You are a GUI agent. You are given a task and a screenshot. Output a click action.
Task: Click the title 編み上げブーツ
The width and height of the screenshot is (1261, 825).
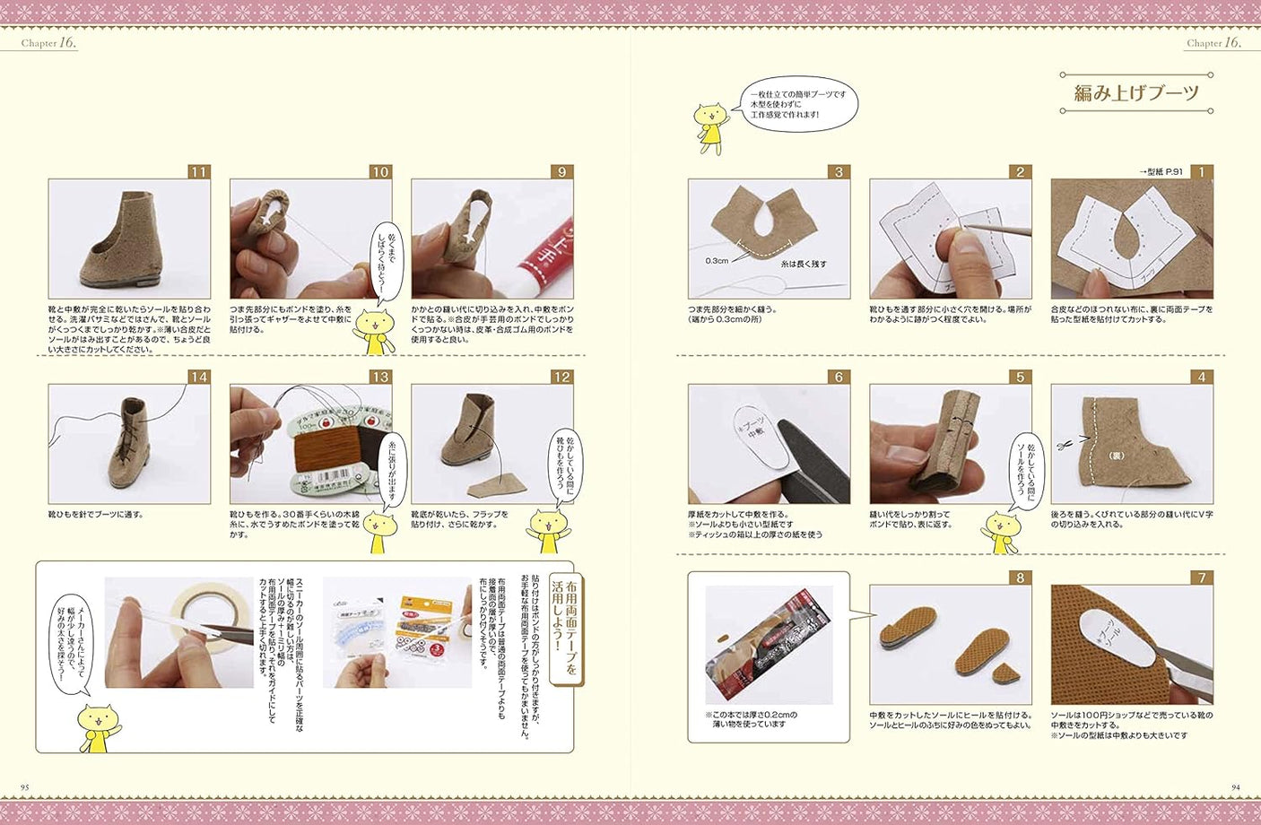(x=1136, y=93)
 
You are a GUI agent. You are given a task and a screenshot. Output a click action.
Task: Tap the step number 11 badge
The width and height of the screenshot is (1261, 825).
(x=198, y=172)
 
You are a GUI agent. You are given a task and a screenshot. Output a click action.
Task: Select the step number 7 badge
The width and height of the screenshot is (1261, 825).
(x=1202, y=577)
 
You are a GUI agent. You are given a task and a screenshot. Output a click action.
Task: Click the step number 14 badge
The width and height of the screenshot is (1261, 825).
(x=198, y=377)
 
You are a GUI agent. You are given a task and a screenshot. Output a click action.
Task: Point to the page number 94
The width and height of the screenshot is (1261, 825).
(x=1235, y=787)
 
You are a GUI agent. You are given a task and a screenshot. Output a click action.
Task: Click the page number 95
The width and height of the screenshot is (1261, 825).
(x=25, y=787)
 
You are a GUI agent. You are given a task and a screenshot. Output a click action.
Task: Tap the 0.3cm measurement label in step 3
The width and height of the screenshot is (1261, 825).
(x=717, y=261)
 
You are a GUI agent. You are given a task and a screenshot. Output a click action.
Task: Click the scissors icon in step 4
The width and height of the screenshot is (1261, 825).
(x=1065, y=443)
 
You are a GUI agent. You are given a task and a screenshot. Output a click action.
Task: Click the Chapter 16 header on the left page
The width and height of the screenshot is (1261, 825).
(x=48, y=42)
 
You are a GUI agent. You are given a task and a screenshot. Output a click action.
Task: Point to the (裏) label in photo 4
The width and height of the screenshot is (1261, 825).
(x=1117, y=455)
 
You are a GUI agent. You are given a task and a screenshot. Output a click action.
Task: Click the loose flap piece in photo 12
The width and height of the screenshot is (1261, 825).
(x=496, y=485)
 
